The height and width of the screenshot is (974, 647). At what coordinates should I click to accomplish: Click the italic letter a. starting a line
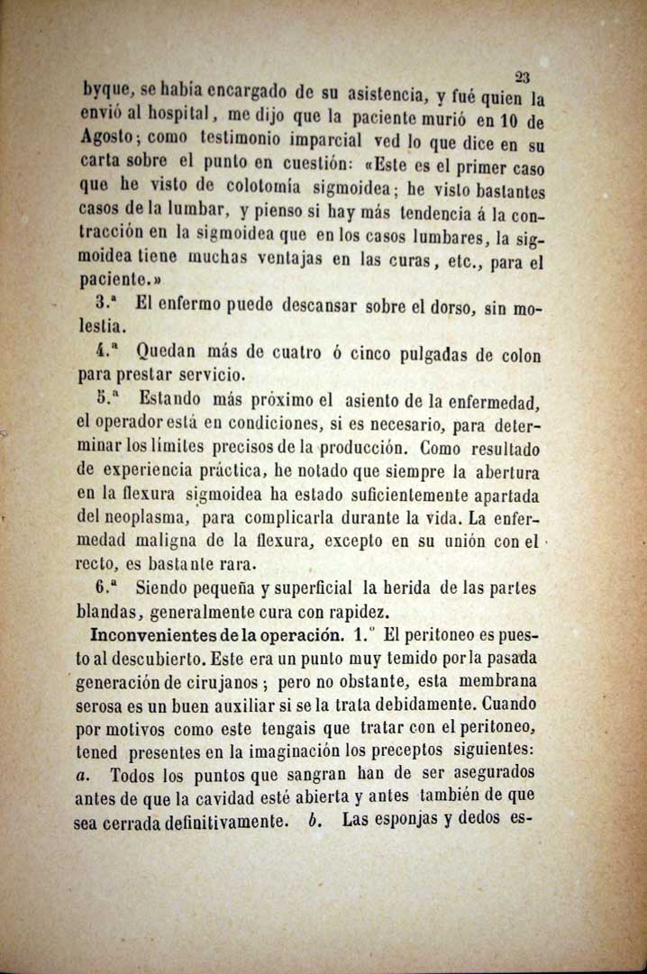point(84,773)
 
